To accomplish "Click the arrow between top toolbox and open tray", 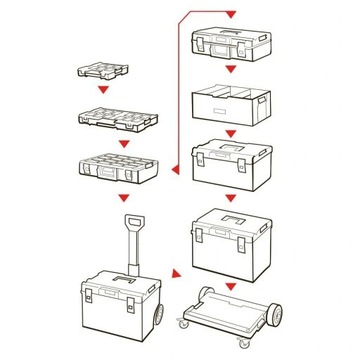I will (232, 71).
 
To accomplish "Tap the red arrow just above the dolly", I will (232, 285).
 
